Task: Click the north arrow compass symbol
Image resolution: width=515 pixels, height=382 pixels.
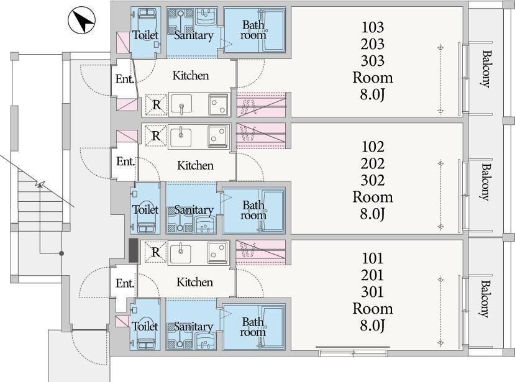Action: (81, 20)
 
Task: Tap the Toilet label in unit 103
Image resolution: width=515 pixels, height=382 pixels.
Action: (145, 35)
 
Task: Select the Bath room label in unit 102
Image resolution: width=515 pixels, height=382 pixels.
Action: (253, 210)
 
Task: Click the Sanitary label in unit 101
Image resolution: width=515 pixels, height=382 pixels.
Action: (193, 327)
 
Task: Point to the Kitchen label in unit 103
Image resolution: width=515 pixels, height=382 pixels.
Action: (191, 76)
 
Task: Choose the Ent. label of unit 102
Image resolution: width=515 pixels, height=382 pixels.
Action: (125, 161)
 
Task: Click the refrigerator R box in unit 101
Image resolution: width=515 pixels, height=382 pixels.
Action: (156, 252)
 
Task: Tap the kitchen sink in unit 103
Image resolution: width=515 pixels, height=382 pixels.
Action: (181, 104)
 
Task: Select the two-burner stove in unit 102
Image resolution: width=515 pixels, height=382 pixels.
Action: (219, 135)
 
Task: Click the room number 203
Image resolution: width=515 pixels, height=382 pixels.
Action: (373, 44)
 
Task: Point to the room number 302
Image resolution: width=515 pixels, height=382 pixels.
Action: (373, 180)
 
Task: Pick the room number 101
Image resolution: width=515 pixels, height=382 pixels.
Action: (373, 258)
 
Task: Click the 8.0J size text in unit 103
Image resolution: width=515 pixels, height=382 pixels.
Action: (373, 94)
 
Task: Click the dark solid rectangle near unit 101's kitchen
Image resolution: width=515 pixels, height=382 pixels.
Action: (133, 250)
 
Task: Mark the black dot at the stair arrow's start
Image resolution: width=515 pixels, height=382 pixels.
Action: (61, 253)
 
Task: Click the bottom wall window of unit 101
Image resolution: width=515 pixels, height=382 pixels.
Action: (353, 353)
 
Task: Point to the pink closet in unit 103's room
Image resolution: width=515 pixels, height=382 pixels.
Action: (262, 104)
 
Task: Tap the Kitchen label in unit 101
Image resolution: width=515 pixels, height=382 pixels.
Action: (194, 282)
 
